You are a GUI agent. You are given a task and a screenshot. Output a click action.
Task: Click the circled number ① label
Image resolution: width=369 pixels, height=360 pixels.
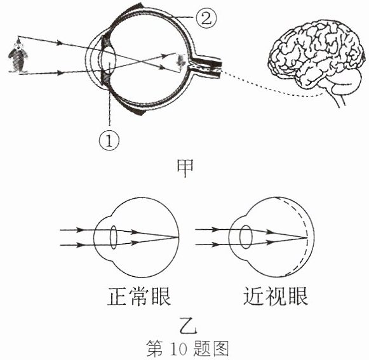109,141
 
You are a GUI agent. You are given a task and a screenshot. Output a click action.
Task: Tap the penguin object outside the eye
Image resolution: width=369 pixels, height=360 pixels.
18,56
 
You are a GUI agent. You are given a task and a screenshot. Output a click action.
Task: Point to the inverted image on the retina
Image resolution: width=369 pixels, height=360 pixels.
181,61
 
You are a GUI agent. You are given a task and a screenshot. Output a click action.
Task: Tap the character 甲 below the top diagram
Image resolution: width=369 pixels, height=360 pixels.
185,168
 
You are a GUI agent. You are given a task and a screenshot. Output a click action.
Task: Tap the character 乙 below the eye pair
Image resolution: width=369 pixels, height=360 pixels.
188,326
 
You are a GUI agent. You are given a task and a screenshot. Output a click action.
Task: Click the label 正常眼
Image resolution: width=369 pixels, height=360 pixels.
139,297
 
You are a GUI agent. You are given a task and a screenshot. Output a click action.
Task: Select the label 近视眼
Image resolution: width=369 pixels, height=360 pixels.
276,297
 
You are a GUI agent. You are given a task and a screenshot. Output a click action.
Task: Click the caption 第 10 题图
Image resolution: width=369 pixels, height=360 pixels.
187,349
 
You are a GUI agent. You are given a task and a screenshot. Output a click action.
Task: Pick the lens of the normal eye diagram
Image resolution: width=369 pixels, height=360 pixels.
114,237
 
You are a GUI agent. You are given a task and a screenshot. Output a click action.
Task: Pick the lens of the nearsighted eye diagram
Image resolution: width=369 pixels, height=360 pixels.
246,237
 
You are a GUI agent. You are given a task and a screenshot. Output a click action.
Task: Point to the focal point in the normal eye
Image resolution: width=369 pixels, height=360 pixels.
178,237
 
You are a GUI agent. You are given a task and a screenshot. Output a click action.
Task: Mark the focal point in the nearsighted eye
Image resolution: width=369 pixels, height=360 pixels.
307,237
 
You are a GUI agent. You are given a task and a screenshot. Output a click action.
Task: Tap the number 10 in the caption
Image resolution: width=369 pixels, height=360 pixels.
178,349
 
